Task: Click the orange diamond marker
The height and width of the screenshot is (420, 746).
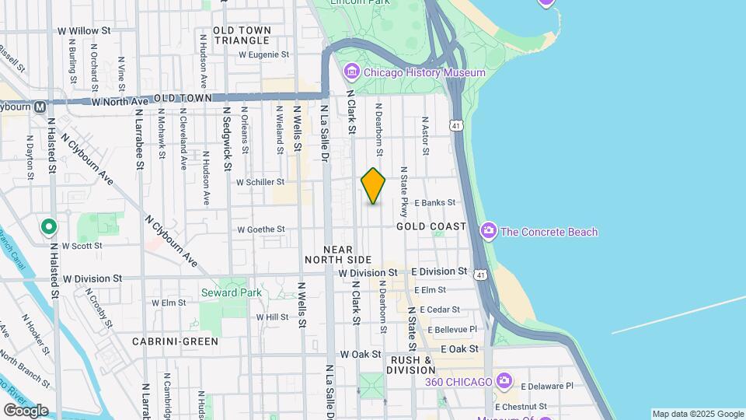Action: click(x=373, y=186)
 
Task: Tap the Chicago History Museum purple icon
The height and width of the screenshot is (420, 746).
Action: click(x=351, y=72)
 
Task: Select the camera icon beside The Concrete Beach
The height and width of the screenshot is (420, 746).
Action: click(x=489, y=231)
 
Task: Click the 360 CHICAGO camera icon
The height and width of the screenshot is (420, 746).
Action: click(x=505, y=381)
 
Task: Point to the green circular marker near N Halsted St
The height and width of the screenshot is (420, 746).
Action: click(x=49, y=226)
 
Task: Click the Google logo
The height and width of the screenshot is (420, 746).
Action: click(x=26, y=410)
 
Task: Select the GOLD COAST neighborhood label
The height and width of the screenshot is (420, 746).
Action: click(x=431, y=226)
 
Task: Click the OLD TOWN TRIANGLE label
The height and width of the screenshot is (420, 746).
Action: click(x=242, y=34)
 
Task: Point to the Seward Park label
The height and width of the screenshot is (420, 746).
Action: click(x=232, y=293)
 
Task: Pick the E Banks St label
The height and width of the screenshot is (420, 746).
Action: click(x=434, y=202)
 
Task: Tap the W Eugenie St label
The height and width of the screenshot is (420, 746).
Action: click(x=263, y=55)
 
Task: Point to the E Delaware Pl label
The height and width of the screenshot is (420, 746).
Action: click(x=546, y=386)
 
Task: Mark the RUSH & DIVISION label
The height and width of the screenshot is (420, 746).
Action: click(x=422, y=365)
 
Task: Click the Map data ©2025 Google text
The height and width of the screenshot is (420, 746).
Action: click(x=697, y=414)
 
